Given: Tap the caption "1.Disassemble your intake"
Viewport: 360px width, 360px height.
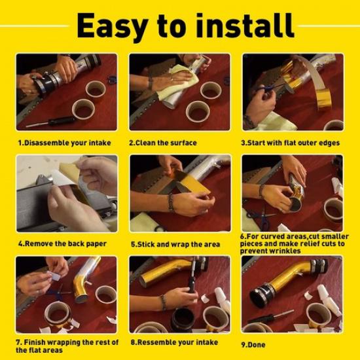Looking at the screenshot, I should click(x=63, y=142).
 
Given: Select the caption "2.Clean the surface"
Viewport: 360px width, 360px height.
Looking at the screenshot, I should click(x=164, y=142).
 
